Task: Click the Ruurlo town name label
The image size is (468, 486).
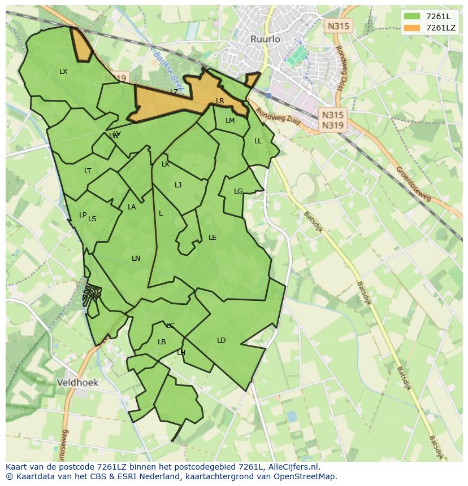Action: click(x=265, y=39)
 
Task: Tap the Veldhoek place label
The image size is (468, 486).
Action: click(x=77, y=383)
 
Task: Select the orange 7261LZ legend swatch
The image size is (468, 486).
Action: click(x=412, y=28)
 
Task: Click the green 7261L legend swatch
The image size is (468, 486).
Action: click(x=412, y=16)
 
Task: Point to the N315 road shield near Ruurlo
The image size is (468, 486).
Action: click(x=339, y=25)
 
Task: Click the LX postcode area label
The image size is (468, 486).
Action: click(x=63, y=72)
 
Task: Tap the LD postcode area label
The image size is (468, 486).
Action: click(x=221, y=340)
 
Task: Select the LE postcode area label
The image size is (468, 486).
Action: click(x=213, y=238)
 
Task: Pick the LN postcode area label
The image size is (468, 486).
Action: click(x=136, y=259)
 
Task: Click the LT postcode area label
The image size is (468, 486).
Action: click(x=88, y=171)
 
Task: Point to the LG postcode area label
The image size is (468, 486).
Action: click(x=238, y=191)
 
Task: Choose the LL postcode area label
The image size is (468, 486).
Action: click(x=258, y=141)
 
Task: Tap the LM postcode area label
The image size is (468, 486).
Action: click(x=230, y=121)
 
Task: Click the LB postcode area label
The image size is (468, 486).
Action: click(x=162, y=342)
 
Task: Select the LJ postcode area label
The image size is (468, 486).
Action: click(x=178, y=185)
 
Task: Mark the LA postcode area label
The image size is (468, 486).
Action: click(x=132, y=207)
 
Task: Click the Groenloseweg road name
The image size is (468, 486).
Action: click(x=413, y=183)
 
